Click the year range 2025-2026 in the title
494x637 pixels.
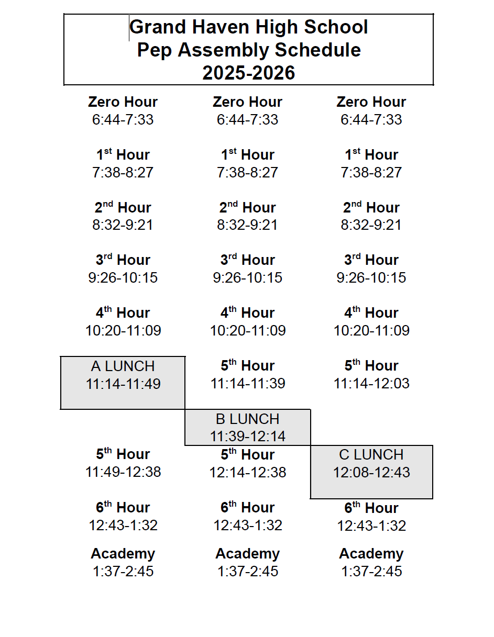click(x=248, y=73)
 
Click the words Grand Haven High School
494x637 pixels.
click(x=248, y=27)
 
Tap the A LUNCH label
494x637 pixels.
click(x=123, y=366)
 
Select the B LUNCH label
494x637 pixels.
click(x=247, y=419)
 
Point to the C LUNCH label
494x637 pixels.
click(x=371, y=454)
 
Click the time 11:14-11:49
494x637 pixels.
click(x=123, y=384)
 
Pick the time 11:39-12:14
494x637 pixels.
click(x=247, y=436)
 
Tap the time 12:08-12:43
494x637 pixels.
click(x=371, y=472)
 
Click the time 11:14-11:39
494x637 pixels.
click(x=248, y=383)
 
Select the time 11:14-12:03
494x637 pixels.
click(x=371, y=383)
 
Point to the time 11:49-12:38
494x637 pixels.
click(x=123, y=472)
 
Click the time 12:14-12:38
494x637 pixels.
click(x=248, y=472)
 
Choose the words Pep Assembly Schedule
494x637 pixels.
click(x=248, y=50)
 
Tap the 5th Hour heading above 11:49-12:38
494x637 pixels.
click(x=123, y=454)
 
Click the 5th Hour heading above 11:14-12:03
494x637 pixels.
click(x=371, y=365)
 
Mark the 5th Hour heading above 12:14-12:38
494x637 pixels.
click(x=247, y=454)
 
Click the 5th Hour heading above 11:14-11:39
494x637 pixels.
click(x=247, y=365)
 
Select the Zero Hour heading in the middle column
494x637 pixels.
click(x=247, y=102)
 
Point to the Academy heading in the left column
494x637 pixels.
click(x=123, y=553)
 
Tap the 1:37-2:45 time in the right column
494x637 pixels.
click(x=371, y=571)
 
